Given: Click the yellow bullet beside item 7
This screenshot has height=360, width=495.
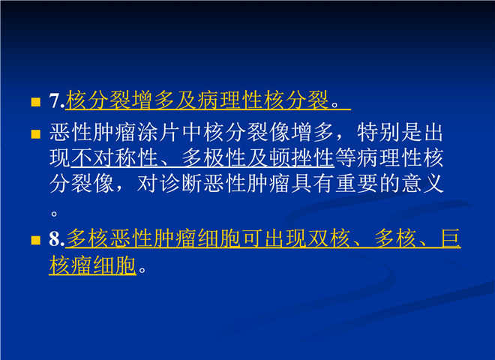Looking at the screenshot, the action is [x=36, y=102].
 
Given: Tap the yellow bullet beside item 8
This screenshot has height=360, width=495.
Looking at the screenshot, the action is [x=36, y=240].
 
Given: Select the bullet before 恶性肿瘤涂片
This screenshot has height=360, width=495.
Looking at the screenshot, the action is [x=36, y=134].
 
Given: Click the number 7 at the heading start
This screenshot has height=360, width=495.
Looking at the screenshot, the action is [x=55, y=100].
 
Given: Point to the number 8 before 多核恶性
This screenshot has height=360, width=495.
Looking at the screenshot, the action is [x=55, y=238].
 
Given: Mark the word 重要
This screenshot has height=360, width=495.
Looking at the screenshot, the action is [x=356, y=183].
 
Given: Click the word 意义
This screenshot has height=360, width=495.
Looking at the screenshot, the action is [x=422, y=183].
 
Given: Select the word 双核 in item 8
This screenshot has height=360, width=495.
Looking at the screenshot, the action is [x=329, y=238].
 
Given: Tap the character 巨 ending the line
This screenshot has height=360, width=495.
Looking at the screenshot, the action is [x=451, y=238].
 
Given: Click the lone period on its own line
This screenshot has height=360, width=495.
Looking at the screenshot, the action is [x=54, y=214].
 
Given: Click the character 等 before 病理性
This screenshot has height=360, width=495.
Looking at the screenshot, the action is [x=346, y=157].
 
